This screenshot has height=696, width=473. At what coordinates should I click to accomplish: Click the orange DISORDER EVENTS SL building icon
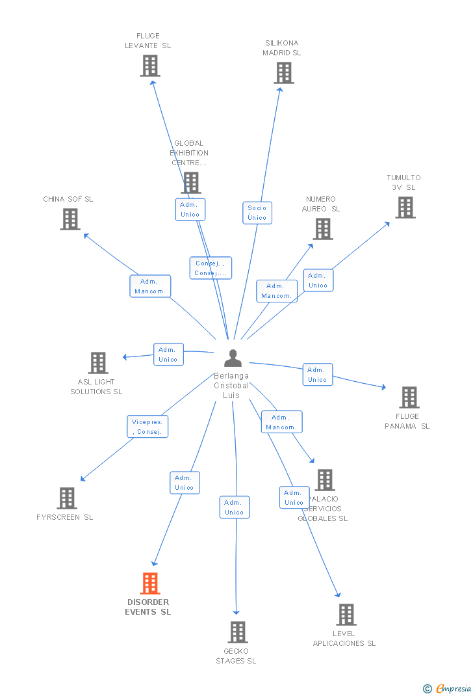coord(150,583)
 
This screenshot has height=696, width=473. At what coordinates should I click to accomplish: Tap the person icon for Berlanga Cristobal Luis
coord(233,358)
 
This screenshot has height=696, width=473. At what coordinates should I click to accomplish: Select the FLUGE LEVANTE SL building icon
coord(150,66)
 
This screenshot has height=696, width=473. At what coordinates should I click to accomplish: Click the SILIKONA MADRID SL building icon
coord(284,73)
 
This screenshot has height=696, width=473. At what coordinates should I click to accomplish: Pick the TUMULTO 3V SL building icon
coord(405,207)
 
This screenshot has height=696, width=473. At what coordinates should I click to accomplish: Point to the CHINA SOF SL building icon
coord(70,219)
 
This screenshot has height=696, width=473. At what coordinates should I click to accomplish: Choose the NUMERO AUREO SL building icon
coord(323,229)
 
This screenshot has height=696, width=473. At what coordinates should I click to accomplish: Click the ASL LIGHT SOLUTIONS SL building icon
coord(97,363)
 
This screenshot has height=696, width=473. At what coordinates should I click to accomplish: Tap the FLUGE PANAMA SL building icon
coord(409,397)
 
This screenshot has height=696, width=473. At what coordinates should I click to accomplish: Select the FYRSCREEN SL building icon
coord(67,498)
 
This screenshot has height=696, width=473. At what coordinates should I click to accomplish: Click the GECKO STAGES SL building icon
coord(238,632)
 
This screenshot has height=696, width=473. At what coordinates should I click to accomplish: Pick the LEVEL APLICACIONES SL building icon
coord(346,615)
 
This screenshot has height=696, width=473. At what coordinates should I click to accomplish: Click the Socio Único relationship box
coord(257,213)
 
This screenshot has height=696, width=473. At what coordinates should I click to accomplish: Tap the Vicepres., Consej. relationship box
coord(147,427)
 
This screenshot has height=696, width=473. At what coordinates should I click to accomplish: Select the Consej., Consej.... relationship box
coord(211,268)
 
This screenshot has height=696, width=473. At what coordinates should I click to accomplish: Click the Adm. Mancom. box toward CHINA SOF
coord(150,286)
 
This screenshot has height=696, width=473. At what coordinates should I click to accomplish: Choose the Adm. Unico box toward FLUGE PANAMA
coord(317,375)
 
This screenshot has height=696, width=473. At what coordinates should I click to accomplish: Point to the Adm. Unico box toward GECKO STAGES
coord(234,507)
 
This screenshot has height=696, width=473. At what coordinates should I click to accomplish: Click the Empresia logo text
coord(454,688)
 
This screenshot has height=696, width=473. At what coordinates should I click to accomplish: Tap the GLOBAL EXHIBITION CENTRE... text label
coord(188,153)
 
